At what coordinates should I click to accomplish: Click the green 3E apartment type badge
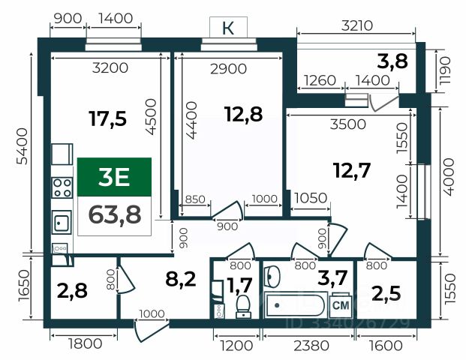point(114,177)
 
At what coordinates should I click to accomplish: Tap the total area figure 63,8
point(114,215)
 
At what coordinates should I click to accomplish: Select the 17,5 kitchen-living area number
point(107,118)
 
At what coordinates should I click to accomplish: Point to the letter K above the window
point(228,28)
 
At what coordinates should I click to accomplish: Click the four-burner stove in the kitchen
point(62,187)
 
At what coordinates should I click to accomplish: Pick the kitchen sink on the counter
point(62,222)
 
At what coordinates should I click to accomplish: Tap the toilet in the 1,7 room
point(243,307)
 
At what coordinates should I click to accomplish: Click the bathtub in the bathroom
point(296,305)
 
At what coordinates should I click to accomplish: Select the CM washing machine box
point(341,306)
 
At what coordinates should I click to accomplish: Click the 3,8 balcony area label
point(392,61)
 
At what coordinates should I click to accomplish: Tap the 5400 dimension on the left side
point(23,146)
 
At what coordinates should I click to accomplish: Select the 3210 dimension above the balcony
point(357,25)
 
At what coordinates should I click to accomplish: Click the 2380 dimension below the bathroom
point(311,346)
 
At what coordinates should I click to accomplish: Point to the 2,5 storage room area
point(386,293)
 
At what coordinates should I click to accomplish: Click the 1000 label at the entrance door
point(152,313)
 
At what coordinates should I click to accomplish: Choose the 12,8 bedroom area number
point(243,114)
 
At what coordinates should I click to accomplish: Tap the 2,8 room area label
point(72,290)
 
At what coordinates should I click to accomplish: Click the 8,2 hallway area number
point(181,279)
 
